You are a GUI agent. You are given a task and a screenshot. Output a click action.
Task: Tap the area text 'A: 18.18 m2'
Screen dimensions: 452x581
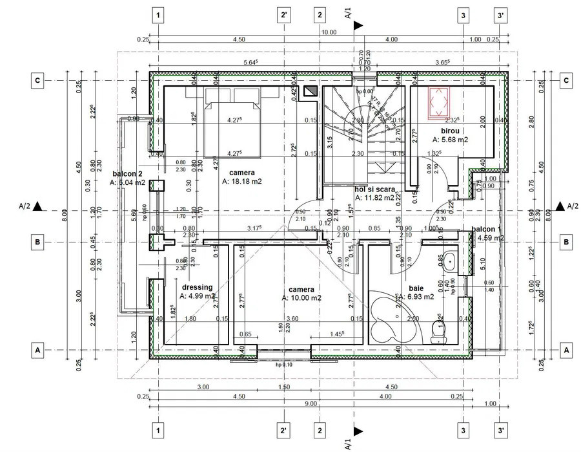coord(242,182)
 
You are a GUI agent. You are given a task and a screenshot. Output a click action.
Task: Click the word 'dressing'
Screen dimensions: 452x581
coord(197,287)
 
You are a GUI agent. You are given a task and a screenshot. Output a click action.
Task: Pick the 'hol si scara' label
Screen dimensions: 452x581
coord(374,189)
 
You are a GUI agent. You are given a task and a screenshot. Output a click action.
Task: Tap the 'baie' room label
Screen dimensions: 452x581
coord(416,288)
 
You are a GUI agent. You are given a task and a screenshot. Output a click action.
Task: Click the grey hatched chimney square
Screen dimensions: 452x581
coord(311,91)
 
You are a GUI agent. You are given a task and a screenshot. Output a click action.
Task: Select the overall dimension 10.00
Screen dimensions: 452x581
coord(329,32)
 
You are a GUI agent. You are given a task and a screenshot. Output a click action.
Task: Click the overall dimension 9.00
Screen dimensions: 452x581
coord(311,404)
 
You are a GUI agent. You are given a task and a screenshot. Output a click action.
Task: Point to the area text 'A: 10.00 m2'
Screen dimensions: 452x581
coord(302,298)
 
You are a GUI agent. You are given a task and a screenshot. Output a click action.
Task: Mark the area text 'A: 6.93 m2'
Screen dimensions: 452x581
coord(416,297)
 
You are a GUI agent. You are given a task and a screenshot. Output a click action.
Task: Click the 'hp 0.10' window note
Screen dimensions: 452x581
coord(284,364)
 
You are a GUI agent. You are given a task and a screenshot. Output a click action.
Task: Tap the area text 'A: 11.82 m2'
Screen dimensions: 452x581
coord(374,198)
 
